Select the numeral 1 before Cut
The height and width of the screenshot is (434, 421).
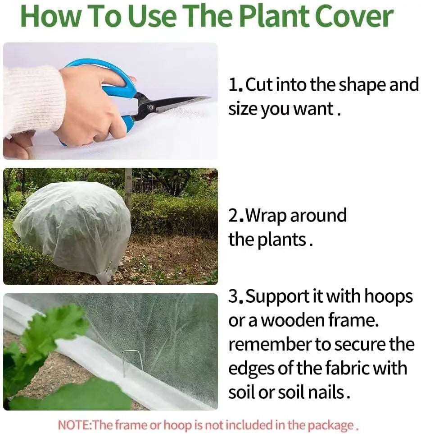(233, 85)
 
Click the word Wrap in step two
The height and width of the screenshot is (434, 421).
(266, 216)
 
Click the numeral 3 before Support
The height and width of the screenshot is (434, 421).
(233, 297)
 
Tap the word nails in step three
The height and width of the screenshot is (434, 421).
(323, 392)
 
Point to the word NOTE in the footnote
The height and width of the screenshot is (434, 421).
(74, 425)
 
